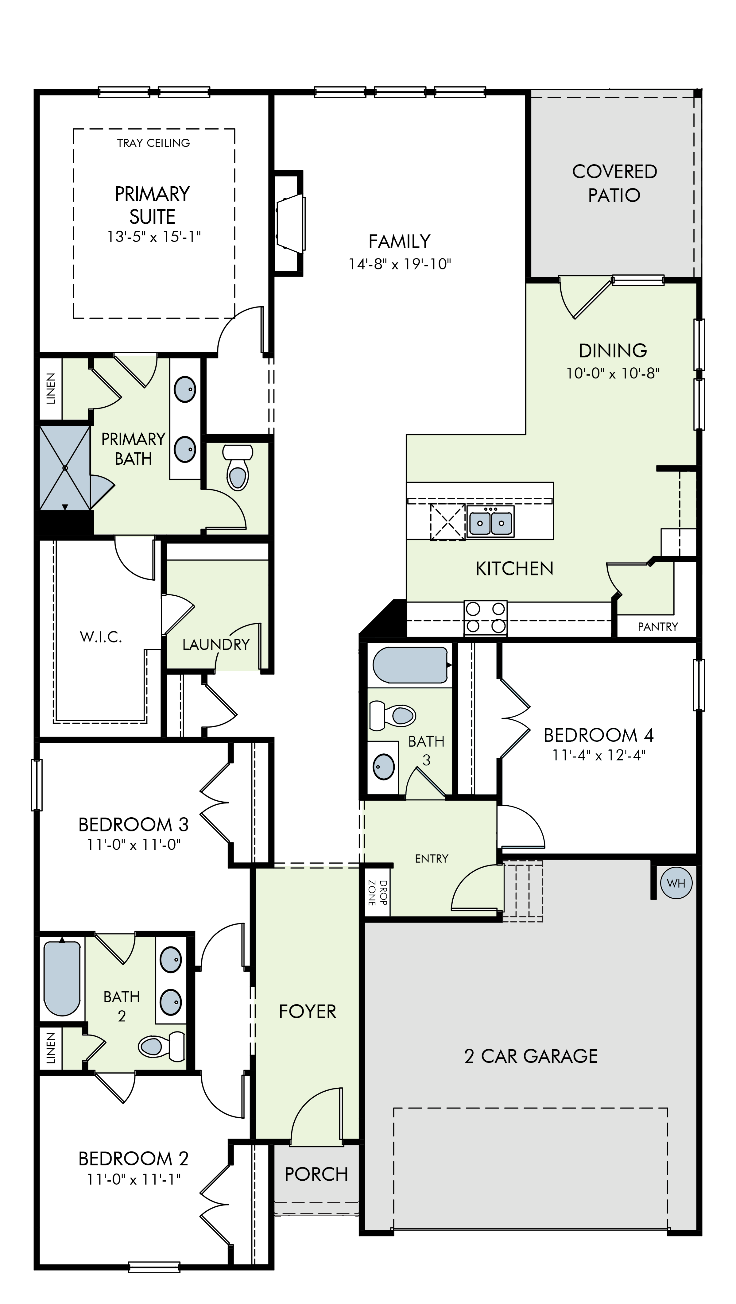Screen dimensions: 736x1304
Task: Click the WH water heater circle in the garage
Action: click(x=676, y=883)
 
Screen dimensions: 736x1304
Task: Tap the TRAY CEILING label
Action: click(x=153, y=143)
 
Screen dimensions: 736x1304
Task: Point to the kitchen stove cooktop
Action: click(x=486, y=618)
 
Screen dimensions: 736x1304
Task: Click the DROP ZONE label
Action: click(x=378, y=893)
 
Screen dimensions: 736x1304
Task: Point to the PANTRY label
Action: click(x=657, y=627)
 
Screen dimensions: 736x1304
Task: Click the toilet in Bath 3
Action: click(x=393, y=715)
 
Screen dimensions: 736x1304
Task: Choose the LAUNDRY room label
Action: click(x=216, y=644)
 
